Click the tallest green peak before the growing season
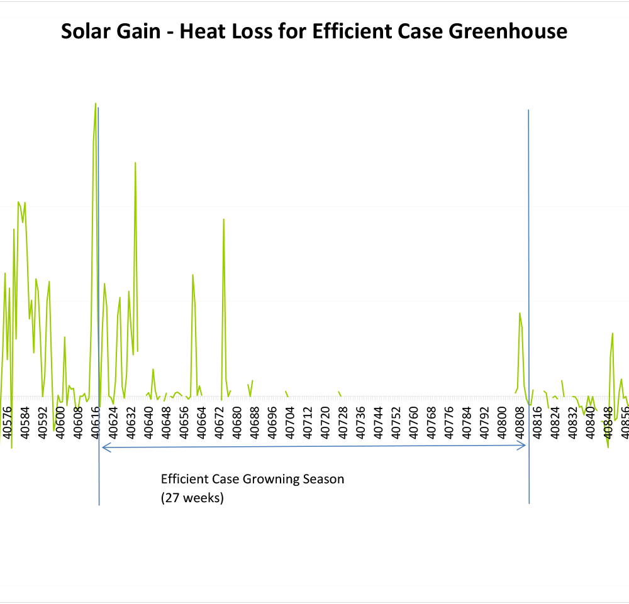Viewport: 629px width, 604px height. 96,104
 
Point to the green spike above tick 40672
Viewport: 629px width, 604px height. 223,219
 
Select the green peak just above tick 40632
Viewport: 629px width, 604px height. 135,163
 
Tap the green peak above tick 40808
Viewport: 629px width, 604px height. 520,313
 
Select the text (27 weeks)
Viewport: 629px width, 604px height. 192,498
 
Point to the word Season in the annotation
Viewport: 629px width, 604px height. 325,479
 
